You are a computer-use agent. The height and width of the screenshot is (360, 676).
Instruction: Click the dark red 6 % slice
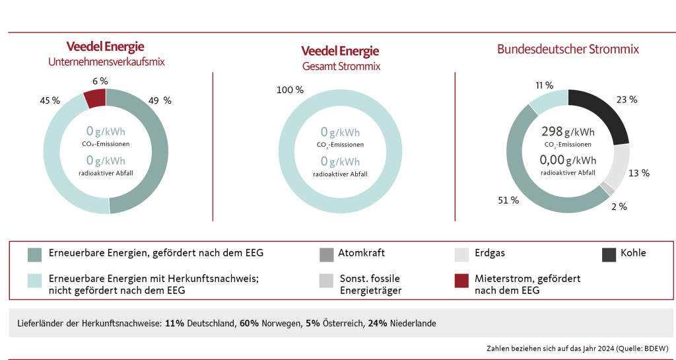pyautogui.click(x=94, y=98)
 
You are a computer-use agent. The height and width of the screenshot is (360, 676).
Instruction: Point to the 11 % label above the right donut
pyautogui.click(x=544, y=85)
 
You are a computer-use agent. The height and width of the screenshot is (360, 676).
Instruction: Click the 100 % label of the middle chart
pyautogui.click(x=291, y=89)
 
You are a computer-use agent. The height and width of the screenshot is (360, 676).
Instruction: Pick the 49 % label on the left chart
pyautogui.click(x=158, y=100)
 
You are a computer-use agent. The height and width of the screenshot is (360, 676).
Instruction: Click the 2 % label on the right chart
pyautogui.click(x=619, y=207)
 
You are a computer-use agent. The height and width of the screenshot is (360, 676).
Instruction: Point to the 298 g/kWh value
pyautogui.click(x=567, y=131)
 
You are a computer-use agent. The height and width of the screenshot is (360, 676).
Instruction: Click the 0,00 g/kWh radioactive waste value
pyautogui.click(x=567, y=159)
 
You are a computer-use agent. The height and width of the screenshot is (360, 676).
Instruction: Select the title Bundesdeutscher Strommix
pyautogui.click(x=568, y=50)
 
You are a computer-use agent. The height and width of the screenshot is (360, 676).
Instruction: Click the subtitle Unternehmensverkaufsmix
pyautogui.click(x=106, y=62)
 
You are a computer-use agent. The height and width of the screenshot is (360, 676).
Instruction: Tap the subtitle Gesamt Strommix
pyautogui.click(x=341, y=66)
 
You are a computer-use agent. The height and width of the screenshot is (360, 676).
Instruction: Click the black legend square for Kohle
pyautogui.click(x=609, y=254)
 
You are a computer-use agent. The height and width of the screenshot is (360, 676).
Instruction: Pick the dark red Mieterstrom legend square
pyautogui.click(x=462, y=280)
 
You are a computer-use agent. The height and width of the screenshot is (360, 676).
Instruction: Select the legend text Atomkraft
pyautogui.click(x=361, y=253)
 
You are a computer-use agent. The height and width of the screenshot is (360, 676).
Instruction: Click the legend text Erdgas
pyautogui.click(x=490, y=253)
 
